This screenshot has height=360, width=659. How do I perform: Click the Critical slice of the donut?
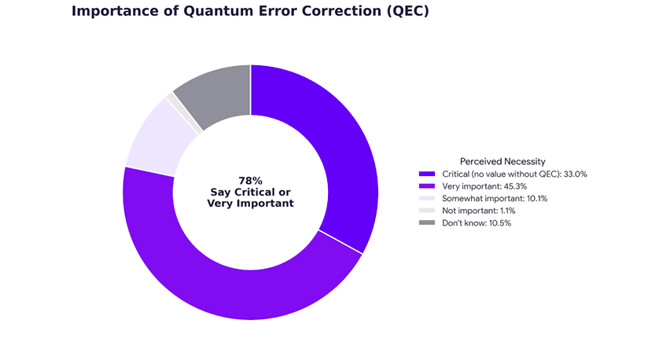click(x=332, y=138)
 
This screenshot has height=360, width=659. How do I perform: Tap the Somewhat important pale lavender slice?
click(x=157, y=138)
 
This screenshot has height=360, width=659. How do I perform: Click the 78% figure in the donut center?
click(x=251, y=181)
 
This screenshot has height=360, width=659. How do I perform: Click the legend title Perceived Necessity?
click(x=503, y=161)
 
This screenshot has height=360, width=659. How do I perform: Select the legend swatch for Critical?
click(x=427, y=174)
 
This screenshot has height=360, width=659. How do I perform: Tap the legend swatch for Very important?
click(x=427, y=186)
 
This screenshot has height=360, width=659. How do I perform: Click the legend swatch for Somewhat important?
click(x=427, y=198)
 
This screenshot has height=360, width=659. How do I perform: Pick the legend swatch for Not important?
click(x=427, y=211)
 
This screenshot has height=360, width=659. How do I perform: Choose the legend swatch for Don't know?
click(x=427, y=222)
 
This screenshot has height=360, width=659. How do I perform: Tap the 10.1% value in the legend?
click(x=537, y=198)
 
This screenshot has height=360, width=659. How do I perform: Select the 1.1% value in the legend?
click(x=508, y=211)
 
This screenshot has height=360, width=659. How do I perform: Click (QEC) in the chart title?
click(x=408, y=11)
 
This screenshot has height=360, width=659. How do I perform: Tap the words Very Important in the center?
click(x=251, y=204)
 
